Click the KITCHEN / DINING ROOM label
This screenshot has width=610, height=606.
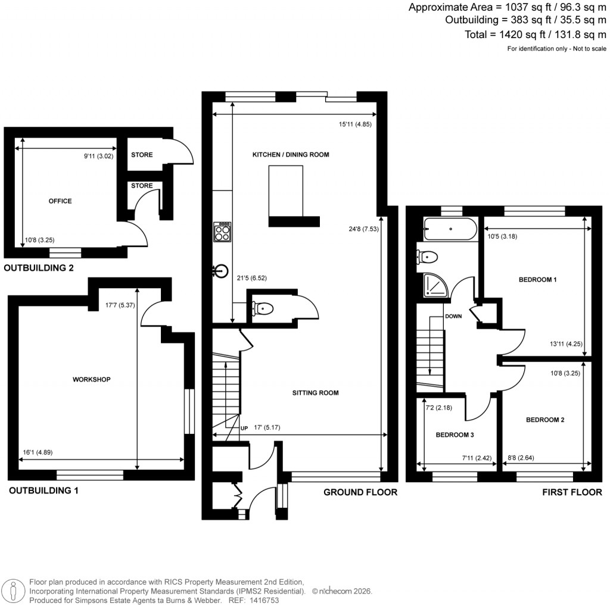coord(291,155)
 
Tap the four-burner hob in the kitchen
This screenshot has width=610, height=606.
coord(223,232)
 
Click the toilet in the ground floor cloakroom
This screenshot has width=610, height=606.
coord(263,308)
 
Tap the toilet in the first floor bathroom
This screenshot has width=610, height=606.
coord(428,256)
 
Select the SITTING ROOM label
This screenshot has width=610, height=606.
coord(315,393)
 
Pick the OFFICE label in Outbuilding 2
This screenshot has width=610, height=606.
coord(60,201)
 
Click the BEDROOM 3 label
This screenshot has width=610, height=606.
coord(455,435)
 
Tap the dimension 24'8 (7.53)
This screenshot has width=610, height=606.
coord(363,228)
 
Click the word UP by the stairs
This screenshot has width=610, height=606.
coord(244,428)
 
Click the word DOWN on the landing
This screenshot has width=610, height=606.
coord(453,317)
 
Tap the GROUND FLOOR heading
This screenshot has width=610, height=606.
coord(360,492)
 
